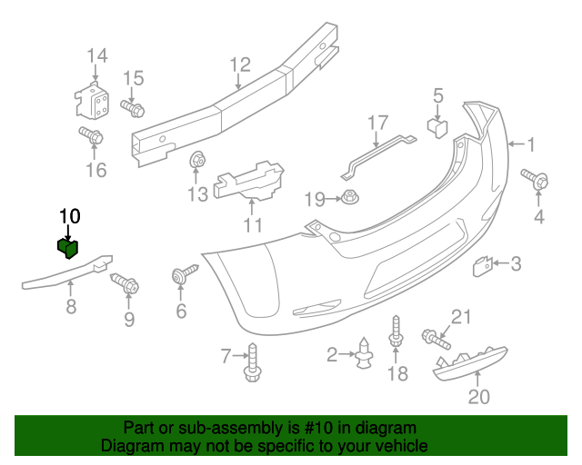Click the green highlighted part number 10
68,246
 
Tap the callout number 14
96,58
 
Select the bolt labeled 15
132,109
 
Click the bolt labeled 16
92,138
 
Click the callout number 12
239,64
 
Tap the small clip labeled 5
438,127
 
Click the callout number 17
377,122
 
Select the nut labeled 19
350,197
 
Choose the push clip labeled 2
365,354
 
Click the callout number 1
531,143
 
